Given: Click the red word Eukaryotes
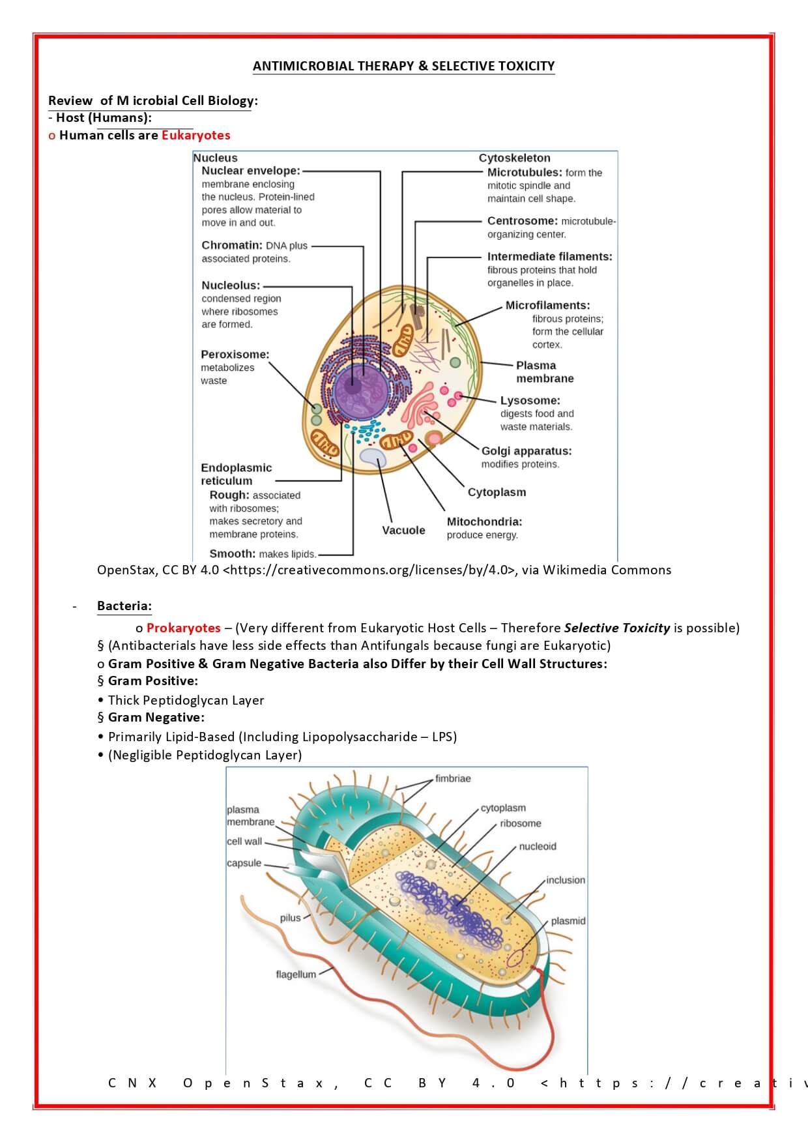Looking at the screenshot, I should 195,136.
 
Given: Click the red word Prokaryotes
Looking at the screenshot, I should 183,628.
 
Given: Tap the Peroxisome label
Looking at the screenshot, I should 235,355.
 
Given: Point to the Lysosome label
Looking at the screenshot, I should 530,400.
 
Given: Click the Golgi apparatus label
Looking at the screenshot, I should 526,451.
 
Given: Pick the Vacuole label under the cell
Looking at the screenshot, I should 403,531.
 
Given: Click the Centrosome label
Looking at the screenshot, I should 522,221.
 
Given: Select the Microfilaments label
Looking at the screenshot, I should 547,305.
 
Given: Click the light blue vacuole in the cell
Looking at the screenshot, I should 372,457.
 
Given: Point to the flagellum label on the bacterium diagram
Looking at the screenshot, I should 295,975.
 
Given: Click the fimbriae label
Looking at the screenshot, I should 453,778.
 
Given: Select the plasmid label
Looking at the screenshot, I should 568,921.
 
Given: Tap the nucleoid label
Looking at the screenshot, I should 538,846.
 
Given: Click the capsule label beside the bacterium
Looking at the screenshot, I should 244,863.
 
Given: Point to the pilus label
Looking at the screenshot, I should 290,918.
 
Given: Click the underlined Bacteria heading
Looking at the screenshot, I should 124,606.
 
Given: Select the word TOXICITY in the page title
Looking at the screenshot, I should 526,66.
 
